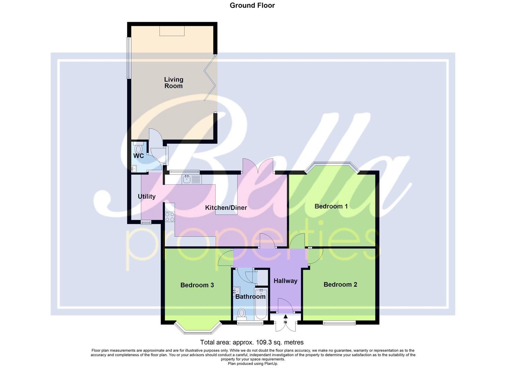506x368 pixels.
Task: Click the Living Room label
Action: [x=173, y=82]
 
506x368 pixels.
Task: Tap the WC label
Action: [x=138, y=156]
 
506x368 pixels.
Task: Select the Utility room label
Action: [x=147, y=197]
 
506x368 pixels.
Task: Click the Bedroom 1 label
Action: [x=331, y=206]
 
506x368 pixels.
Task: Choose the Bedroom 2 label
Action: [x=340, y=285]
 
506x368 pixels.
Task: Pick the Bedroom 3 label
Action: [x=197, y=285]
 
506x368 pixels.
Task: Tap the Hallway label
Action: [x=285, y=281]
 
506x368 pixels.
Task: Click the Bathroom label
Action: [x=250, y=296]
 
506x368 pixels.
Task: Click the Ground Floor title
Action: [x=252, y=5]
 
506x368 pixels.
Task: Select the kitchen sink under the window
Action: [x=186, y=179]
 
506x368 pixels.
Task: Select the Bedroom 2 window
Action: [x=339, y=322]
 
